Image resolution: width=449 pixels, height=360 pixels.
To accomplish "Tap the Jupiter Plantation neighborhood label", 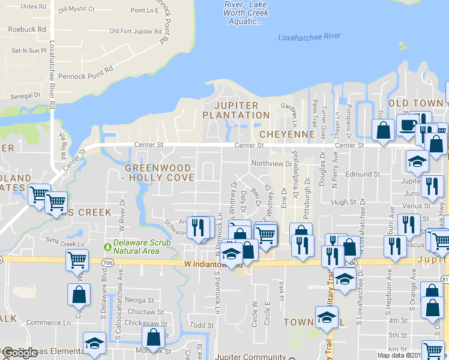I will (231, 110).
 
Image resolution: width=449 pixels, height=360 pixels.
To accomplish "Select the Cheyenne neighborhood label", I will (288, 134).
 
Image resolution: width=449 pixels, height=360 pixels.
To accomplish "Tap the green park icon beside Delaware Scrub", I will (109, 246).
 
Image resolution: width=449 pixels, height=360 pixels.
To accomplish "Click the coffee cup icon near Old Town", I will (408, 125).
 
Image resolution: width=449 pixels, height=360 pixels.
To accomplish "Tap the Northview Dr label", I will (271, 163).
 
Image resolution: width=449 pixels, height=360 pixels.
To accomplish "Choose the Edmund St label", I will (363, 174).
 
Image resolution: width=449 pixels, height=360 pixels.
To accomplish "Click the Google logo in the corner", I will (20, 353).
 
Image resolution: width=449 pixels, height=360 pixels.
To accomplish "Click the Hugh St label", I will (343, 203).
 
